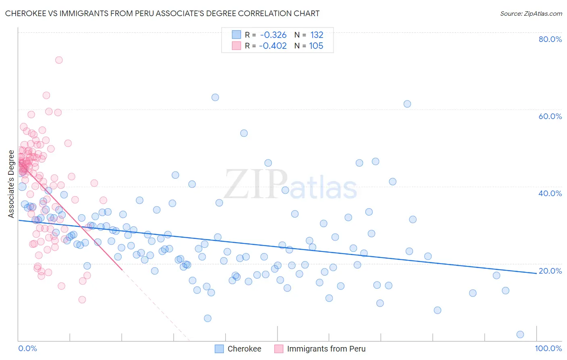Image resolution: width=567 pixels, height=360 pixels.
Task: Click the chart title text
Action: click(162, 13)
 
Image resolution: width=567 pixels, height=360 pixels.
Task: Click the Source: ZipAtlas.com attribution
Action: click(531, 13)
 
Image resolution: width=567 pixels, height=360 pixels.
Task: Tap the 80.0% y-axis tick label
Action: click(550, 39)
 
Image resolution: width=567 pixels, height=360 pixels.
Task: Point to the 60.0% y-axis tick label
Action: click(550, 116)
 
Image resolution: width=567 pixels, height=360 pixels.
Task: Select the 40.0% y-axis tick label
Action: click(550, 193)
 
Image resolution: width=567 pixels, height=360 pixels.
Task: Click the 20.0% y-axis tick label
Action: click(550, 271)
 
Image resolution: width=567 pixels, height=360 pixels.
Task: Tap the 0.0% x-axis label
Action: click(27, 348)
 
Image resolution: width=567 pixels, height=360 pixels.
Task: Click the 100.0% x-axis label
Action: click(548, 348)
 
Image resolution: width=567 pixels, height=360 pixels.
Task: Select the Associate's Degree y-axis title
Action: click(11, 184)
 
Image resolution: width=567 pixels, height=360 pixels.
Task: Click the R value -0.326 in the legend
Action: click(273, 35)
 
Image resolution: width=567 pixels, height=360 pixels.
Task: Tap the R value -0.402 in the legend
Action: click(273, 46)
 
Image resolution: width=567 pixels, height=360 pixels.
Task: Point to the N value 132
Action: click(317, 35)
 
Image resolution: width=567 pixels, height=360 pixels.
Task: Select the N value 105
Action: click(316, 46)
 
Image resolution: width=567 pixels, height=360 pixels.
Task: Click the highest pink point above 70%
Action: click(59, 60)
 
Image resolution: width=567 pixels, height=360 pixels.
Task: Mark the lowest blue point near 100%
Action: click(520, 334)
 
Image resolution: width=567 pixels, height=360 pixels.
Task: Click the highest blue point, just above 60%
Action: click(215, 97)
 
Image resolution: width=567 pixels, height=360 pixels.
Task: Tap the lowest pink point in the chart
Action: click(82, 299)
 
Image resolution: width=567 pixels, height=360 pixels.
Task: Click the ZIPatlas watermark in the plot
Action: click(290, 185)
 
